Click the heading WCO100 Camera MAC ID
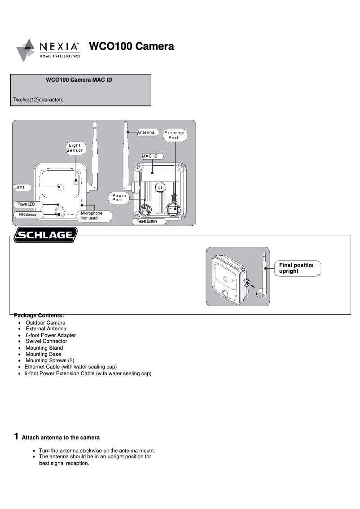pyautogui.click(x=79, y=80)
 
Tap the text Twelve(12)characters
pyautogui.click(x=38, y=100)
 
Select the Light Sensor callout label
pyautogui.click(x=75, y=148)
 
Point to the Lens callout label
pyautogui.click(x=20, y=187)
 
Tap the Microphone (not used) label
pyautogui.click(x=92, y=215)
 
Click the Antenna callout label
pyautogui.click(x=146, y=132)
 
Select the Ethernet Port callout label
pyautogui.click(x=174, y=135)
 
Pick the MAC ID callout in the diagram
pyautogui.click(x=150, y=156)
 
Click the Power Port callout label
pyautogui.click(x=119, y=197)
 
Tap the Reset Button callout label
pyautogui.click(x=147, y=222)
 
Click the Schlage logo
pyautogui.click(x=45, y=235)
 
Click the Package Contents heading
pyautogui.click(x=39, y=315)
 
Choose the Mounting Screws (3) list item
pyautogui.click(x=50, y=360)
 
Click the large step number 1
pyautogui.click(x=16, y=436)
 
